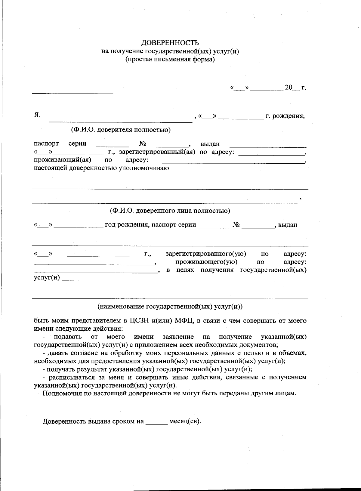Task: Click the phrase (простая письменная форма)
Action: coord(170,59)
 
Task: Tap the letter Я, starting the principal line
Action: coord(37,115)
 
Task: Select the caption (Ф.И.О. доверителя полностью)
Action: coord(121,130)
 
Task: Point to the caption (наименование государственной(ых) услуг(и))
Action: coord(170,307)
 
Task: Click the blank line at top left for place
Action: coord(73,93)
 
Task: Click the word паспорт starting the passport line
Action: coord(46,144)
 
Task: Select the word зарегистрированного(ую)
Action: coord(206,254)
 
